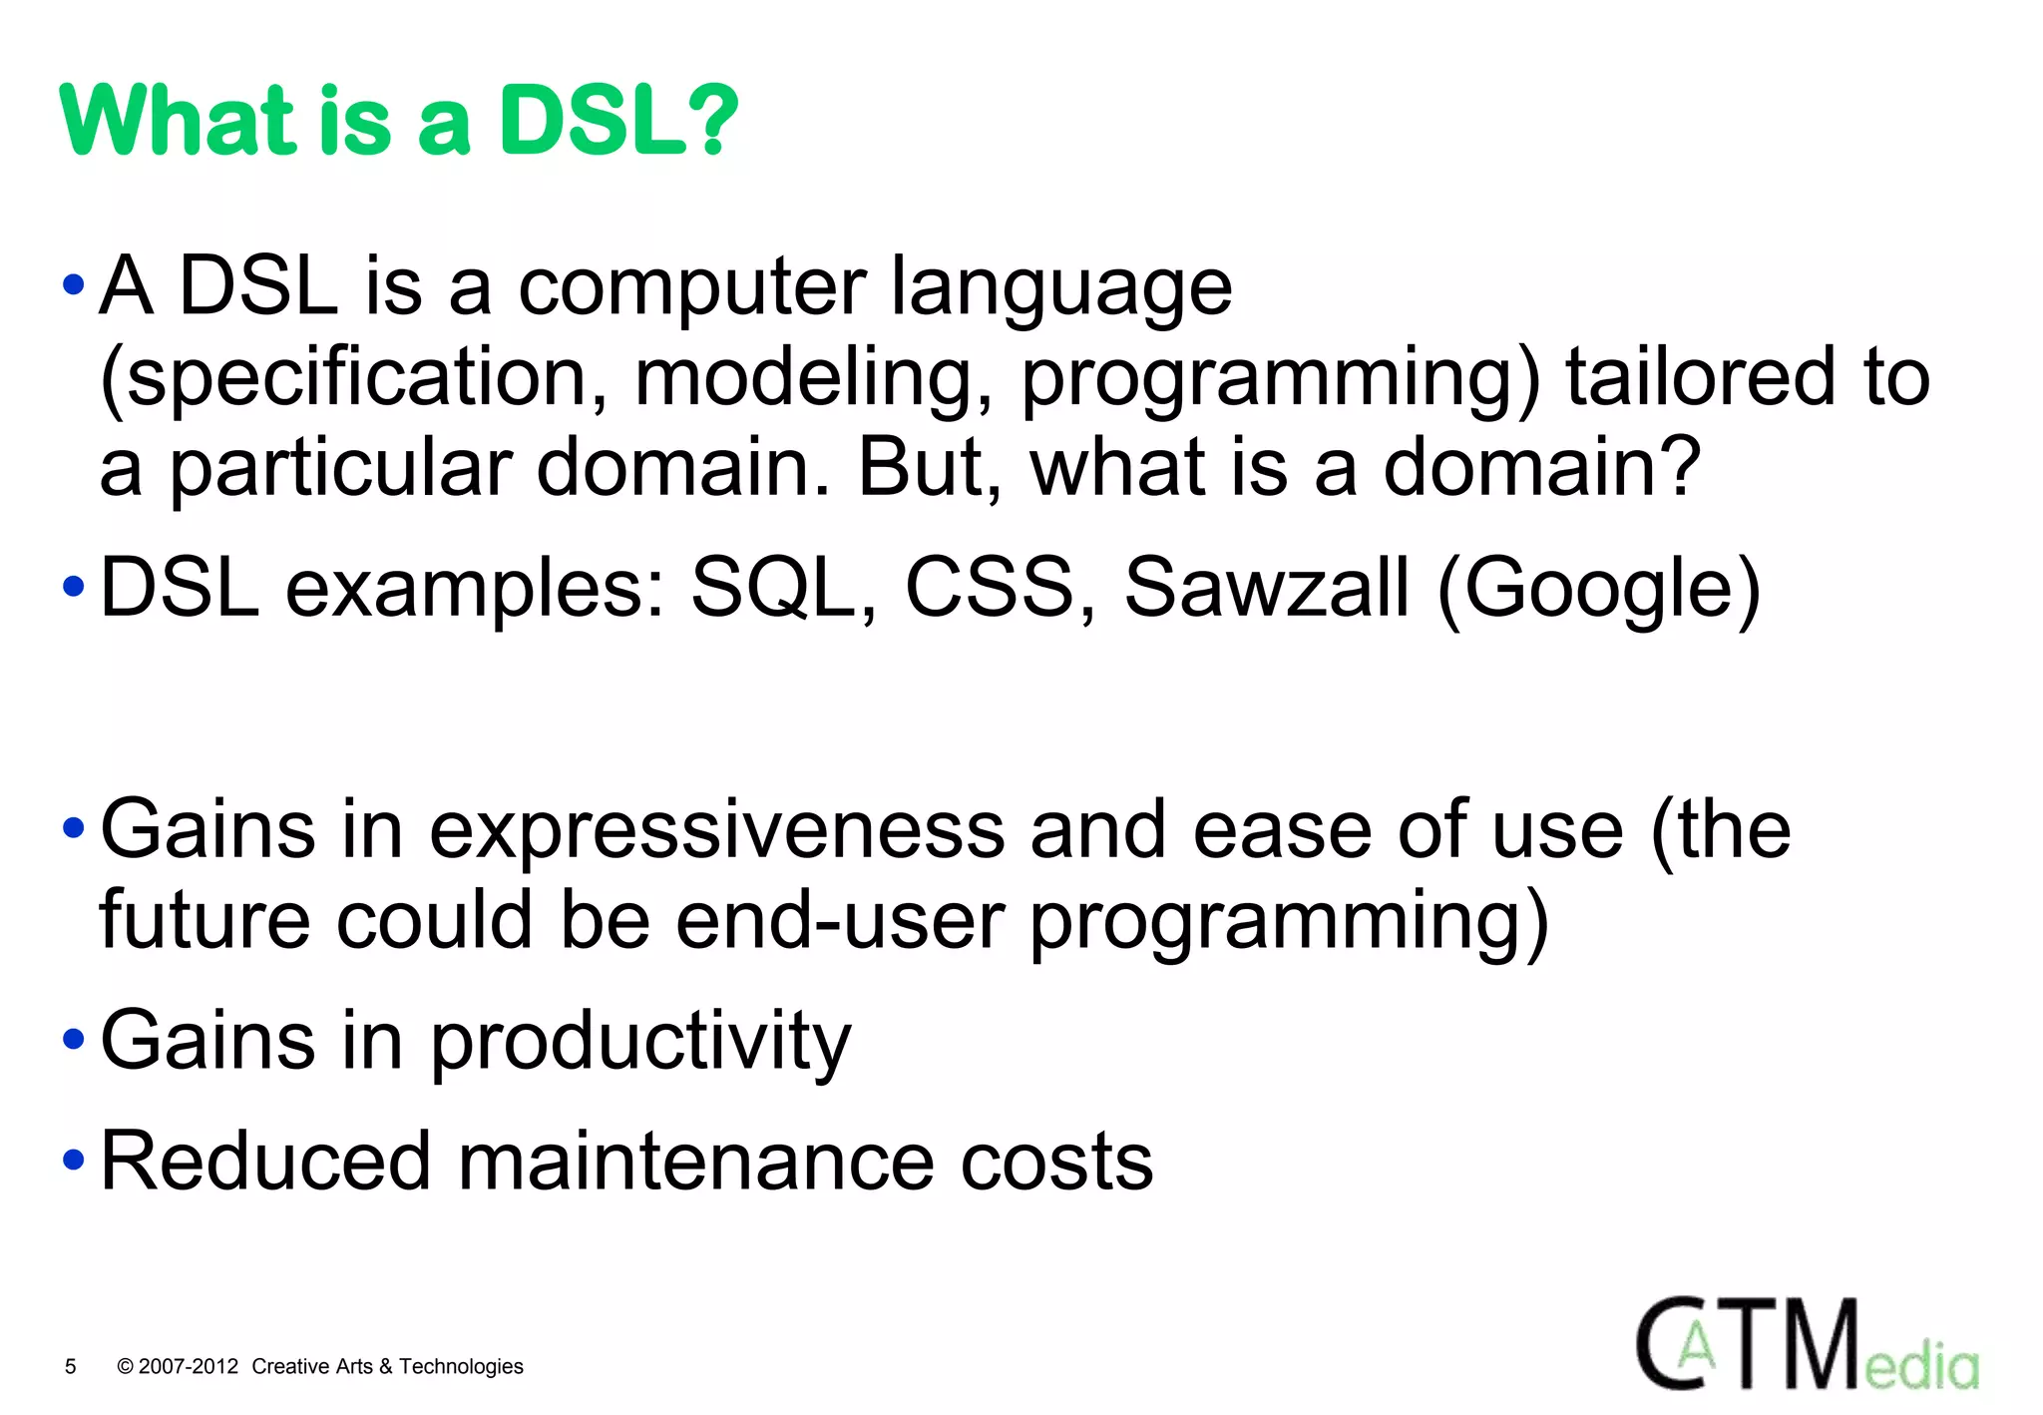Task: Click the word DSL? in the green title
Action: (x=617, y=122)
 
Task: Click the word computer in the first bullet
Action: (x=691, y=287)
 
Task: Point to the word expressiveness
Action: (x=716, y=830)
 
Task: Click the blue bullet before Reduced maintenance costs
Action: (x=74, y=1161)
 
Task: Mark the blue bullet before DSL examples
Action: (x=74, y=587)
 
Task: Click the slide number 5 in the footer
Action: (x=70, y=1366)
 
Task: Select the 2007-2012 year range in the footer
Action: (x=189, y=1366)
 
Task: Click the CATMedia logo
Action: (x=1806, y=1344)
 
